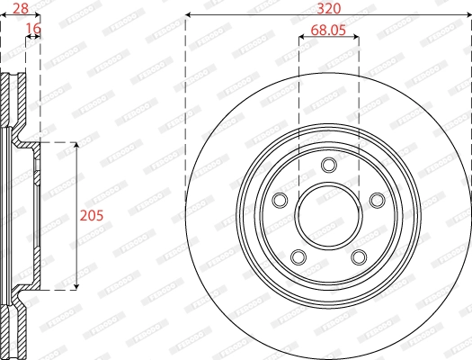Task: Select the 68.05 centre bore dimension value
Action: point(328,30)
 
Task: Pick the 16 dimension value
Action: point(33,29)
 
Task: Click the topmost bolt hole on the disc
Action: point(329,164)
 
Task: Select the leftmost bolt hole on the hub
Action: point(279,200)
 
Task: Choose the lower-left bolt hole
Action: point(298,257)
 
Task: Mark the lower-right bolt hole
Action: point(360,257)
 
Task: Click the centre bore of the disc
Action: point(329,217)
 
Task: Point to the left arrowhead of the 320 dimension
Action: point(189,16)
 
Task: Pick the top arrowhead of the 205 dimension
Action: point(76,146)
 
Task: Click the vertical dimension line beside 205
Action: point(76,180)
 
